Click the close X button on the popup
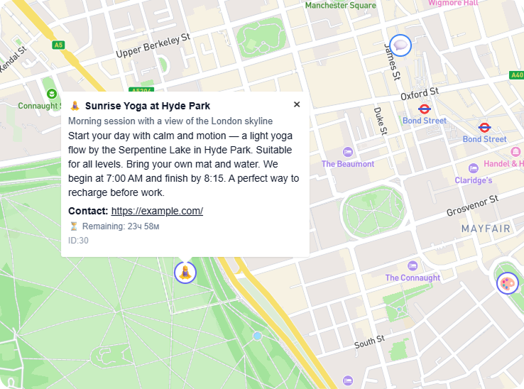(297, 104)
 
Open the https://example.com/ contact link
(157, 211)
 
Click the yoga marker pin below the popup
(185, 272)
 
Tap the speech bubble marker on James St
(401, 45)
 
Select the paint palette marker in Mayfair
(507, 284)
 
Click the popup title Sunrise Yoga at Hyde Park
(147, 106)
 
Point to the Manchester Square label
(340, 6)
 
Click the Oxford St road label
(420, 94)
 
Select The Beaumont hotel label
(348, 164)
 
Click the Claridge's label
(474, 180)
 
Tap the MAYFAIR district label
(486, 229)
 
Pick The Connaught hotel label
(413, 278)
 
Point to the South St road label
(369, 342)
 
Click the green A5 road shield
(58, 45)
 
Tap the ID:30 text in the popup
(78, 241)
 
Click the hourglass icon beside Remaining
(73, 226)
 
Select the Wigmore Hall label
(453, 3)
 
